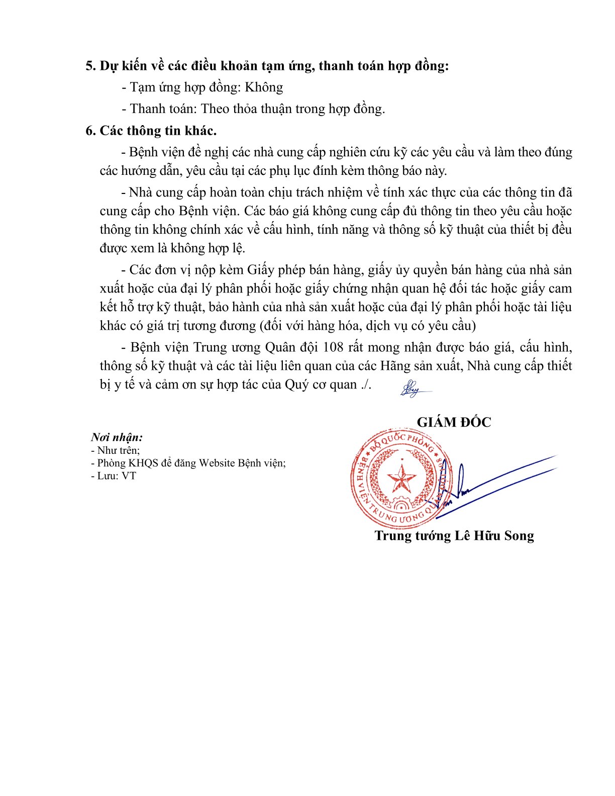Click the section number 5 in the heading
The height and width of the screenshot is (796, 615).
pyautogui.click(x=90, y=66)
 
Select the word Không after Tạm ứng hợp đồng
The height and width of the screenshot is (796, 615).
pyautogui.click(x=264, y=87)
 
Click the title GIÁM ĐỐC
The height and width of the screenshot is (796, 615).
pyautogui.click(x=454, y=422)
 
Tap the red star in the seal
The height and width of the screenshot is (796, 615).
pyautogui.click(x=401, y=478)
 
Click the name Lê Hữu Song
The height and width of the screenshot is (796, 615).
pyautogui.click(x=494, y=536)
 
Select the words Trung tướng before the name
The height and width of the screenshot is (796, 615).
pyautogui.click(x=413, y=536)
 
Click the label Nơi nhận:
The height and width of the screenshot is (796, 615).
pyautogui.click(x=117, y=437)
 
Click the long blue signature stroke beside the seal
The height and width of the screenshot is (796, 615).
pyautogui.click(x=502, y=482)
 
